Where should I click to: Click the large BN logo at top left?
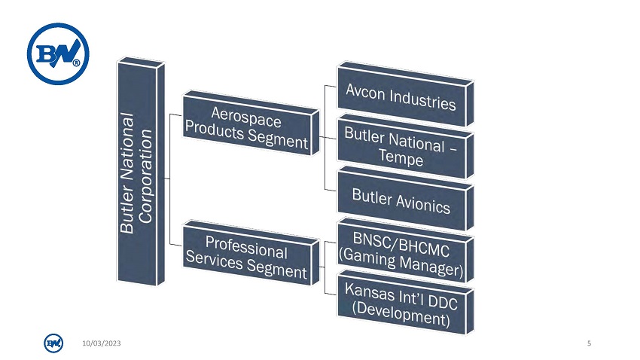[58, 53]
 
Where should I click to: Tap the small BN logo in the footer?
[53, 343]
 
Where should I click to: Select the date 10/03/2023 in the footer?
[101, 343]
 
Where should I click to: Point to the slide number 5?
[589, 343]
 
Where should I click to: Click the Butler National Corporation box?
[141, 172]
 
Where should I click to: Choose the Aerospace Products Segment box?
[251, 124]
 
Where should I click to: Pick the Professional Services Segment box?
[251, 253]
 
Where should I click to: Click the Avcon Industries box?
[405, 94]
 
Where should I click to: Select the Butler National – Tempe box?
[405, 147]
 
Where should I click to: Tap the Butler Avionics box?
[405, 199]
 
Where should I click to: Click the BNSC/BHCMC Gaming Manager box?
[405, 251]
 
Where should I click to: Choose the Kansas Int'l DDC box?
[405, 303]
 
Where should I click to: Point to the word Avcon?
[365, 90]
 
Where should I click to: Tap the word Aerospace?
[246, 116]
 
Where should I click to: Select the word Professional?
[246, 247]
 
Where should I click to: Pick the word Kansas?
[370, 291]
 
